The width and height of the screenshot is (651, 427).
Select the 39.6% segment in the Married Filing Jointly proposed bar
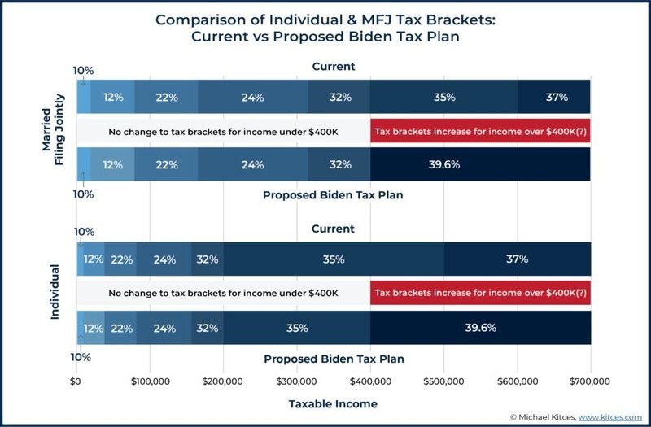pos(480,164)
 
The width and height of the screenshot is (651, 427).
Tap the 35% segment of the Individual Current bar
pos(334,259)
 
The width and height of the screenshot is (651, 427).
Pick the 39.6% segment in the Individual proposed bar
pos(480,328)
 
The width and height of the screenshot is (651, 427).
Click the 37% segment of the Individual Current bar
pos(518,259)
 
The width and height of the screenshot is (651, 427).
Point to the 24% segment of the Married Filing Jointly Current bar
pos(252,98)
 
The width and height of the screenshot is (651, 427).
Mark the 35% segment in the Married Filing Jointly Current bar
pos(443,98)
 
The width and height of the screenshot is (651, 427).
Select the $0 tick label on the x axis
pos(76,381)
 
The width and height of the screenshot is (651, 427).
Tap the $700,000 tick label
pos(590,381)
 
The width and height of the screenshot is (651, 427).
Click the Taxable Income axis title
pos(333,403)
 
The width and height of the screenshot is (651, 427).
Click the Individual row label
pos(55,291)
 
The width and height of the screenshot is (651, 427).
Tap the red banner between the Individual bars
pos(480,293)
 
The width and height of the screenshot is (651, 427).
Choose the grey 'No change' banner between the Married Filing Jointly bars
pos(223,131)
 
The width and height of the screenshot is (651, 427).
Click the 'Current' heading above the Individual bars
pos(333,229)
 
